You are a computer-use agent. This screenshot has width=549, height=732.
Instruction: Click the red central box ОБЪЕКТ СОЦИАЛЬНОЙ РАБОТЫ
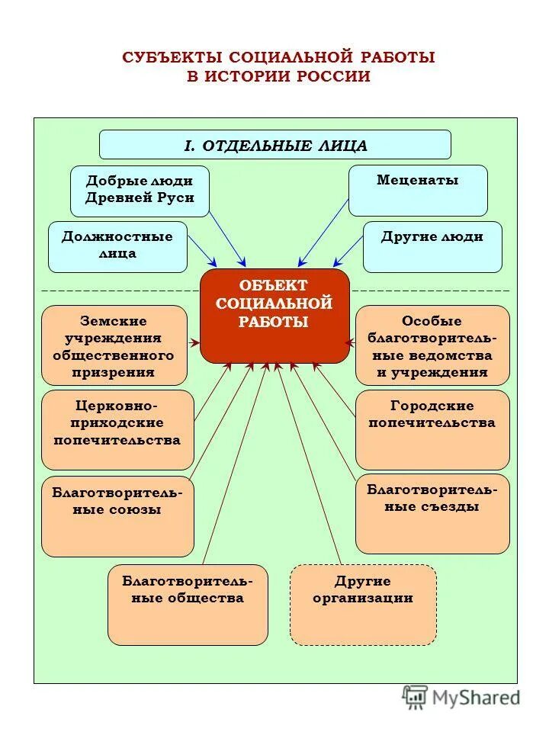pos(274,315)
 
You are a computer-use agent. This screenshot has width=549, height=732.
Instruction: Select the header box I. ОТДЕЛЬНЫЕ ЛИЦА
pos(275,145)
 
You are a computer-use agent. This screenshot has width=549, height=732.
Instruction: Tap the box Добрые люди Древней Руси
pos(140,191)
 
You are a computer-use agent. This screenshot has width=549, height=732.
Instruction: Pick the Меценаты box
pos(418,191)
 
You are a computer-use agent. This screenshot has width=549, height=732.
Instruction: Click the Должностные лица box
pos(117,246)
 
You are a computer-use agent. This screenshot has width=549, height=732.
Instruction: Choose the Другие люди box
pos(432,246)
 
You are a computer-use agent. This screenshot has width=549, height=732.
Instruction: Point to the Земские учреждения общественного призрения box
pos(114,345)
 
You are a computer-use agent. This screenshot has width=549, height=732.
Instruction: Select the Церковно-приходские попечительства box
pos(117,429)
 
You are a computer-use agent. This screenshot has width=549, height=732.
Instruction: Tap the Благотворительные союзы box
pos(117,516)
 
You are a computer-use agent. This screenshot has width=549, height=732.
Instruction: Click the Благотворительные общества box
pos(188,604)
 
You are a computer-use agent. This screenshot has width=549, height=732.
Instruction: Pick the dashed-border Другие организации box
pos(363,604)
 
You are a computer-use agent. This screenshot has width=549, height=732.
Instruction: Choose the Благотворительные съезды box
pos(432,513)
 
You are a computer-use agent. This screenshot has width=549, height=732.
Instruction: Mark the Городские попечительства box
pos(432,429)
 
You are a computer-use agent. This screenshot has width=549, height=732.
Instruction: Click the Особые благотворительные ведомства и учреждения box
pos(432,345)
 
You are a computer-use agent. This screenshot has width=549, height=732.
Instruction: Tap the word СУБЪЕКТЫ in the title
pos(172,58)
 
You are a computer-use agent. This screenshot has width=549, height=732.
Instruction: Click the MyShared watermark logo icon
pos(415,697)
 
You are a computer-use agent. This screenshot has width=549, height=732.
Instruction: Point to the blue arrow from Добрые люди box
pos(226,236)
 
